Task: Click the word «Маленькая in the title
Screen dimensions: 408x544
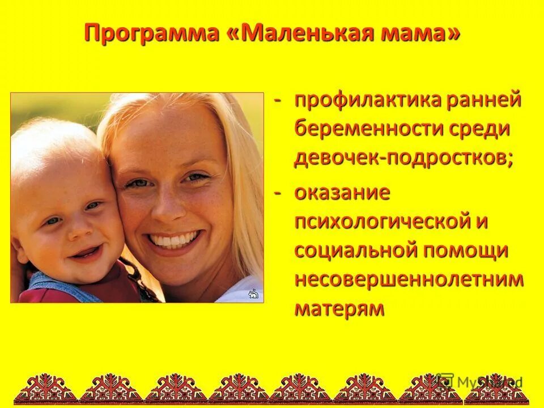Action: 306,33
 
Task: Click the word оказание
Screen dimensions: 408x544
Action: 342,192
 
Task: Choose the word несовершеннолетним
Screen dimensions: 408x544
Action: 409,279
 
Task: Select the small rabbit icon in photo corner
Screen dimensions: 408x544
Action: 253,294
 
